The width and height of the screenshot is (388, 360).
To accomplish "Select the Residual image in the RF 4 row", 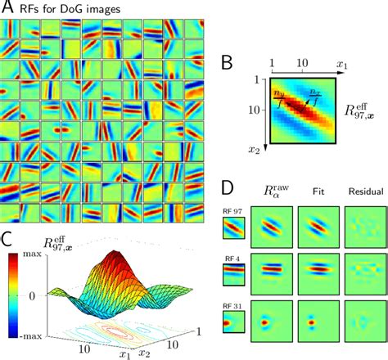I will [360, 287].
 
